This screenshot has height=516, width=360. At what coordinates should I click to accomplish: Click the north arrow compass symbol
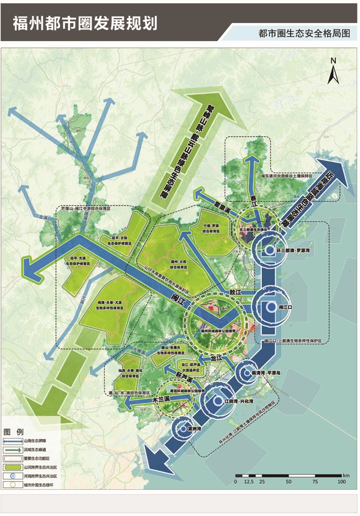tap(333, 71)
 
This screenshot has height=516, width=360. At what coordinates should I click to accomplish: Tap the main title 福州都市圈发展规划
tap(85, 23)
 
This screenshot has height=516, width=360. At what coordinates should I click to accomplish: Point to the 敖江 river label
tap(236, 292)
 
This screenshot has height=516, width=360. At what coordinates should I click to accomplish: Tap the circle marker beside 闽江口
tap(271, 306)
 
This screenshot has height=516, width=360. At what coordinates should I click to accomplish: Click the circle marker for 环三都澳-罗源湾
tap(270, 250)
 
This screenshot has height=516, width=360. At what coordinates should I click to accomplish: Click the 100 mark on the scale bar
tap(340, 482)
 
